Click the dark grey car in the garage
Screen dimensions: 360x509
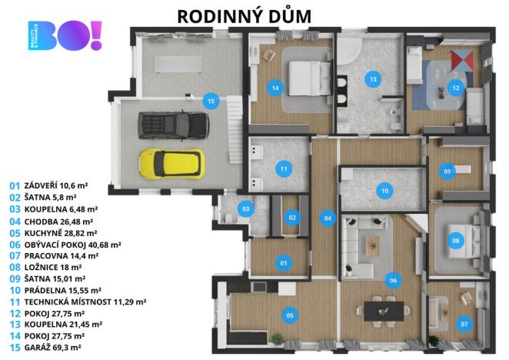172,123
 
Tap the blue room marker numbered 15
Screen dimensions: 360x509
209,100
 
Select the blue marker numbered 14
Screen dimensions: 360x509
274,88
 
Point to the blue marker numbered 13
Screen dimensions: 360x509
373,79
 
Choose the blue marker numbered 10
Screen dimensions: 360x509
384,190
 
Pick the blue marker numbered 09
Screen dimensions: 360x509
447,172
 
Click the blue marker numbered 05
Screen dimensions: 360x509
290,314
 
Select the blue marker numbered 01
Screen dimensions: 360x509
283,264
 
